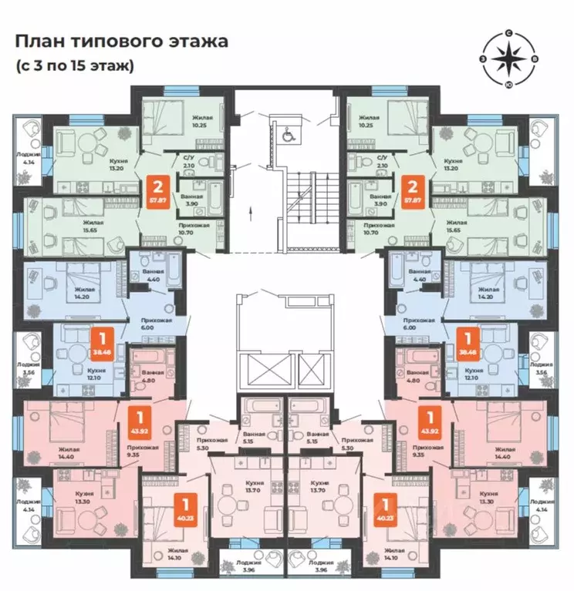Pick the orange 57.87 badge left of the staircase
[x=159, y=189]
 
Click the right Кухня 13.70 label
[x=324, y=485]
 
